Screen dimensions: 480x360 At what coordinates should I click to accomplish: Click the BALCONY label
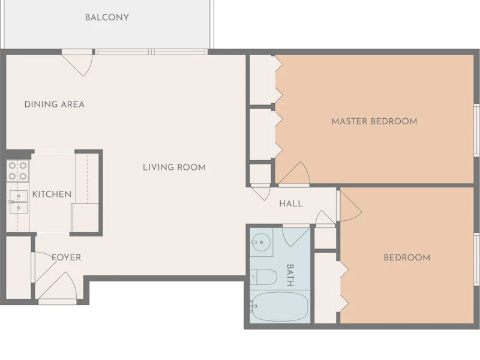pyautogui.click(x=107, y=17)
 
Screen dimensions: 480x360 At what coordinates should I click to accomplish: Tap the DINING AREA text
pyautogui.click(x=55, y=104)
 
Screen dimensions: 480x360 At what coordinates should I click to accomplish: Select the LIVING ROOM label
pyautogui.click(x=174, y=167)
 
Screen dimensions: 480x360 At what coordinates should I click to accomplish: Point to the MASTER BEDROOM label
pyautogui.click(x=374, y=121)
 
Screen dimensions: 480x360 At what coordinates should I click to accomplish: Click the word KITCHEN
pyautogui.click(x=52, y=194)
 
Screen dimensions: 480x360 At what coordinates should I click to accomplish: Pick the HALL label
pyautogui.click(x=291, y=203)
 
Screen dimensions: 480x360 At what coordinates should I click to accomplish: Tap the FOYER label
pyautogui.click(x=67, y=257)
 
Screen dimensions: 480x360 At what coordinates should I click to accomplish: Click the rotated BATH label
pyautogui.click(x=290, y=275)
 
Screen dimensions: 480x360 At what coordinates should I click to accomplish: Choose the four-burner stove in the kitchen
pyautogui.click(x=18, y=171)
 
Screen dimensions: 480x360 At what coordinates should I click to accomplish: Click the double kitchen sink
pyautogui.click(x=19, y=202)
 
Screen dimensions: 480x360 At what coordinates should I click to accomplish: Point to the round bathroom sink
pyautogui.click(x=261, y=242)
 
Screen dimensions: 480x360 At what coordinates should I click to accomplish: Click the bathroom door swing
pyautogui.click(x=296, y=236)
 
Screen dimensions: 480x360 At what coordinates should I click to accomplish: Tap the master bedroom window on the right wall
pyautogui.click(x=476, y=130)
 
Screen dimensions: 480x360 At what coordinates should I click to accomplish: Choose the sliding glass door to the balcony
pyautogui.click(x=151, y=52)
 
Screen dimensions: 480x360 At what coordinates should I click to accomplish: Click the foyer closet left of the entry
pyautogui.click(x=19, y=267)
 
